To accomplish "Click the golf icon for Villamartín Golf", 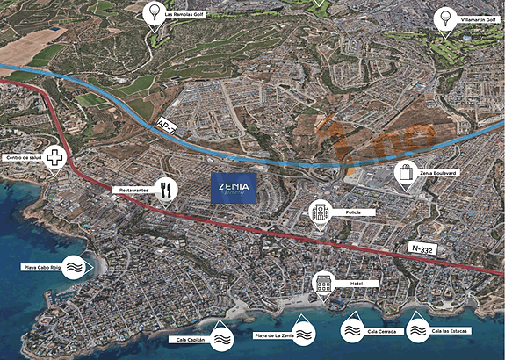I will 443,19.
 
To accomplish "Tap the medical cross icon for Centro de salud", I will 56,159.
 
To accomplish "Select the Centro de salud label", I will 24,158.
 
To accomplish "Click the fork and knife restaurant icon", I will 164,189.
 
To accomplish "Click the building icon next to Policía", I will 319,212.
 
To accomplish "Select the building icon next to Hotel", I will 323,284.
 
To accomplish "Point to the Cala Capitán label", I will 186,338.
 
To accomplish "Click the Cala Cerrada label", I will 382,331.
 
